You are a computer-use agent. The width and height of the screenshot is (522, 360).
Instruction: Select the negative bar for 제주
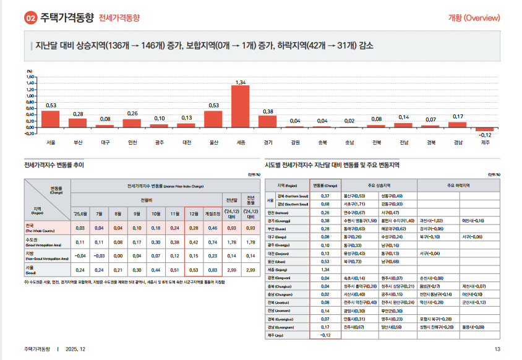(x=485, y=129)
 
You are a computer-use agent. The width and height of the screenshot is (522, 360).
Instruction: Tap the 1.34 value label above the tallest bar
(x=241, y=82)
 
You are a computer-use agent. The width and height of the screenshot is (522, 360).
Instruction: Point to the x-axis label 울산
(x=213, y=142)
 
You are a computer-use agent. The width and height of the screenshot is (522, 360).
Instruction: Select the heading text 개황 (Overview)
(x=474, y=18)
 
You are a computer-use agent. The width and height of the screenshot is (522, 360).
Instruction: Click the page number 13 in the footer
(x=497, y=349)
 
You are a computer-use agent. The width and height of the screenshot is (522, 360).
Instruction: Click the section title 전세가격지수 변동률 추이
(x=54, y=165)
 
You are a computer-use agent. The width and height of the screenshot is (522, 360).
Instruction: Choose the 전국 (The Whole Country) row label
(x=47, y=228)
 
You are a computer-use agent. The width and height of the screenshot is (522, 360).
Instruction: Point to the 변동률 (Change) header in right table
(x=324, y=184)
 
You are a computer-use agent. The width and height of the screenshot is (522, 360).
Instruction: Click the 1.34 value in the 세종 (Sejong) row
(x=324, y=270)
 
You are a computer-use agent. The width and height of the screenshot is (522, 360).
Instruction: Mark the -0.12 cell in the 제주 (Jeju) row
(x=324, y=335)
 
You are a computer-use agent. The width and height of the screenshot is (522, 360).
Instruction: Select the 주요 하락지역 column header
(x=459, y=184)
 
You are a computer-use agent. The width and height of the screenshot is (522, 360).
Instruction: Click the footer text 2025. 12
(x=75, y=349)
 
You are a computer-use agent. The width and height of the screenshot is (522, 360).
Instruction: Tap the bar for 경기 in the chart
(x=268, y=121)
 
